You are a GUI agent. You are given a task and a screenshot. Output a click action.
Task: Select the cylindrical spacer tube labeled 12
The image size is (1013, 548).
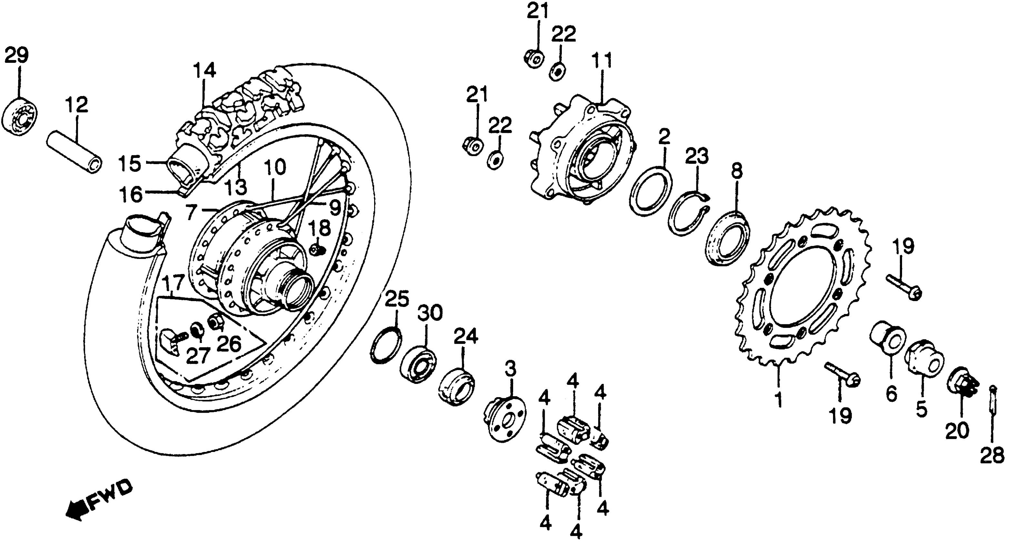coord(74,155)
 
